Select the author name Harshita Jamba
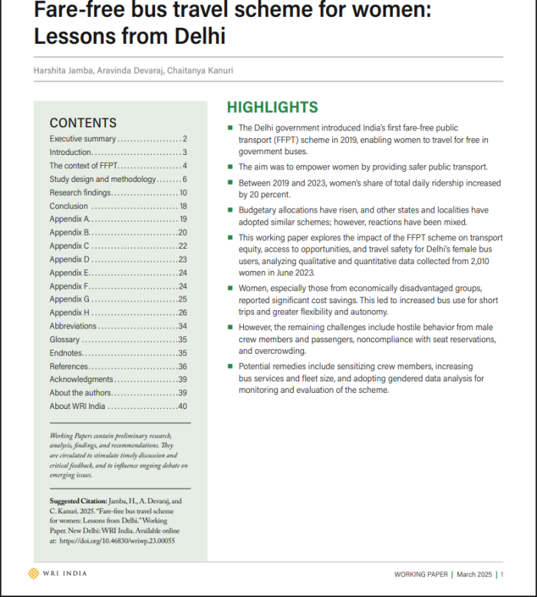click(63, 71)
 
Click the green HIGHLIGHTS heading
click(272, 107)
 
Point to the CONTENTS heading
click(83, 123)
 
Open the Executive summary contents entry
click(83, 139)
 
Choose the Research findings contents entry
click(80, 193)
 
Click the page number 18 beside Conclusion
click(183, 206)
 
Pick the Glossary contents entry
click(64, 340)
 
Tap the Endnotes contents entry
click(67, 353)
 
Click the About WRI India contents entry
click(77, 407)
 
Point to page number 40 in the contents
click(183, 407)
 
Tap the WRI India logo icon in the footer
click(33, 573)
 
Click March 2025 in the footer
click(475, 574)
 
